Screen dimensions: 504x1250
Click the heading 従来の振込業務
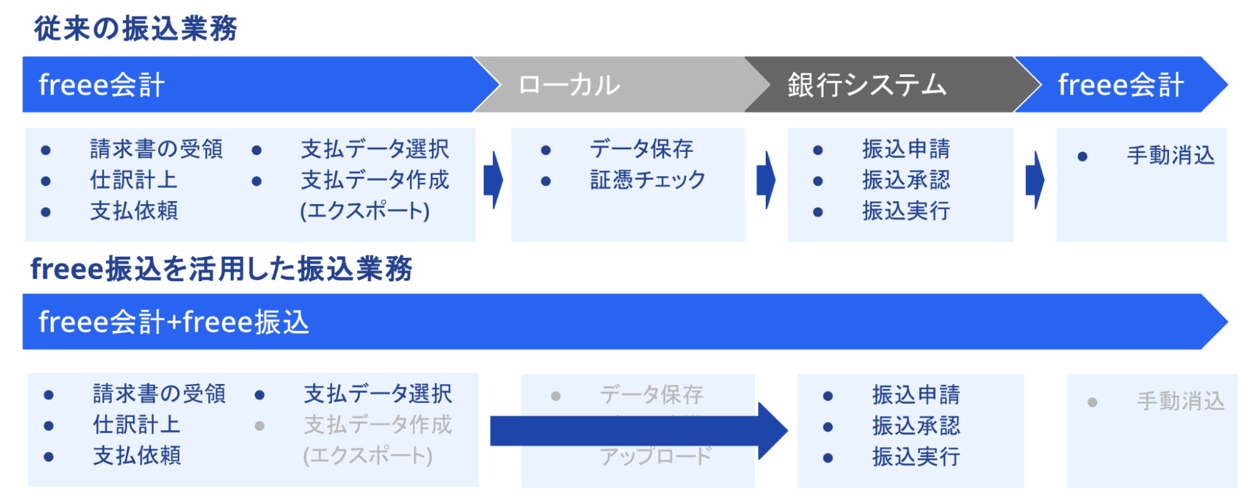coord(135,29)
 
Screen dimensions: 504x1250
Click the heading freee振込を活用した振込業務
coord(221,269)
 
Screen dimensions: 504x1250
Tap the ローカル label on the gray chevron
coord(569,86)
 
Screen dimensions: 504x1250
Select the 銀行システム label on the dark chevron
coord(867,85)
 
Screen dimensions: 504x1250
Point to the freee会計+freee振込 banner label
coord(173,322)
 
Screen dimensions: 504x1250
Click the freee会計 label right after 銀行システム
coord(1120,85)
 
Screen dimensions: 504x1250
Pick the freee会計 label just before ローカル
coord(101,85)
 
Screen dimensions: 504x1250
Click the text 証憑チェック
coord(647,180)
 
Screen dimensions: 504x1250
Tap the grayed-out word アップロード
coord(655,457)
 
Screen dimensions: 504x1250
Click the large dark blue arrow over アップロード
coord(637,431)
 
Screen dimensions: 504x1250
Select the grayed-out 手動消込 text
coord(1180,402)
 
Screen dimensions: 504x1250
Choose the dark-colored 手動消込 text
coord(1170,156)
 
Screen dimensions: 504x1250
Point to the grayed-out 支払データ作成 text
coord(378,425)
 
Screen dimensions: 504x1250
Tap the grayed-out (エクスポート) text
coord(368,456)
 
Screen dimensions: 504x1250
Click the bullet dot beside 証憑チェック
coord(546,181)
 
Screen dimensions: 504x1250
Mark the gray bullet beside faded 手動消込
coord(1092,402)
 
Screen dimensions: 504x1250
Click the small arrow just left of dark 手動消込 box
coord(1035,180)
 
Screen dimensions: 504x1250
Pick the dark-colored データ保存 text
coord(641,149)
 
